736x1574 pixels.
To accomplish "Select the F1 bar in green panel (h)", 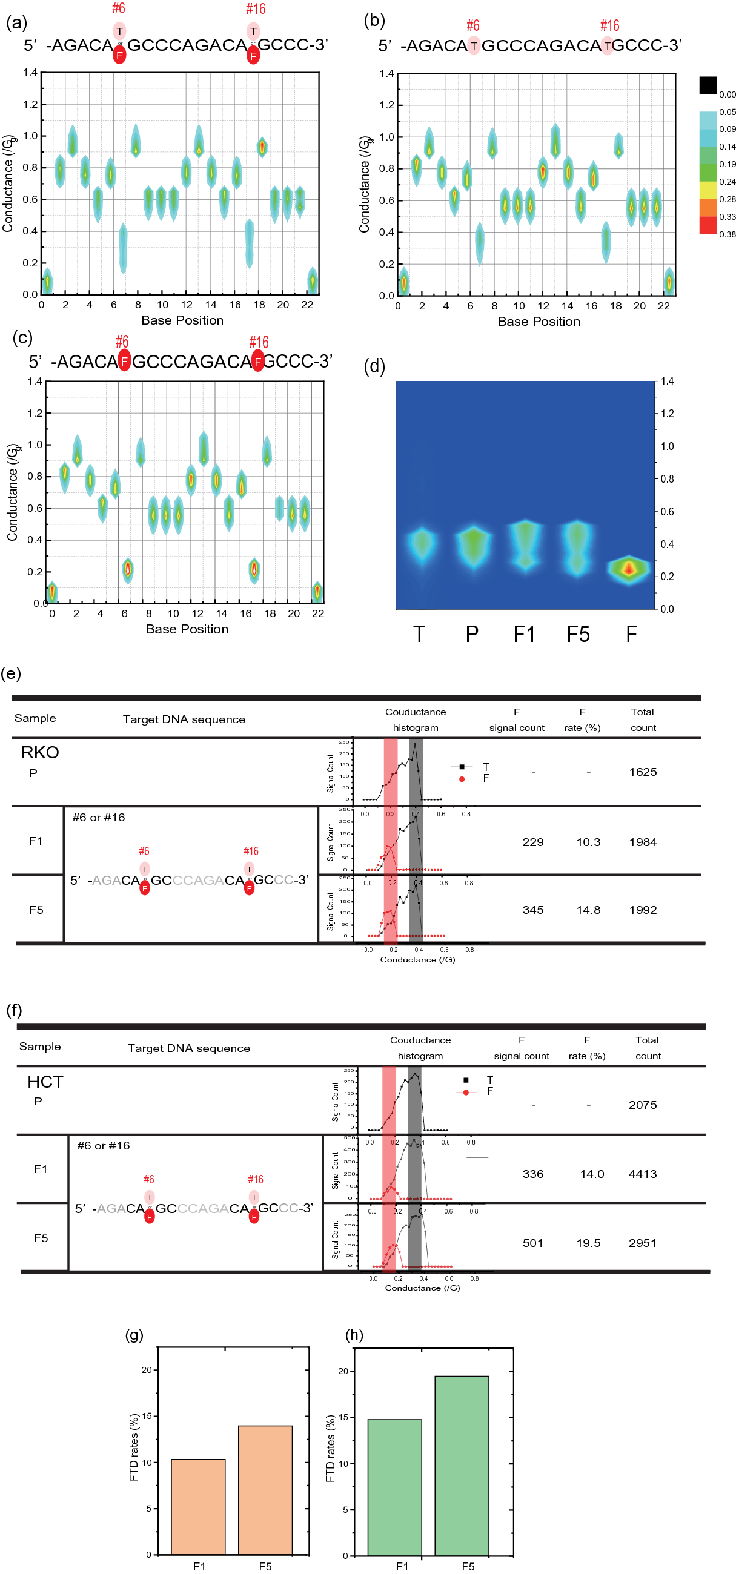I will click(x=394, y=1487).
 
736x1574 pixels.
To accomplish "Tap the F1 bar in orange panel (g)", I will click(x=198, y=1506).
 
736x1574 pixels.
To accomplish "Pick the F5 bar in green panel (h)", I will click(x=462, y=1465).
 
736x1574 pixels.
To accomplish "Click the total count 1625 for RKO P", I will click(x=643, y=772).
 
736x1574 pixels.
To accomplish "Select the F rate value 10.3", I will click(x=588, y=842).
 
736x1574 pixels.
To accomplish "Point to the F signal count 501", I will click(x=532, y=1243).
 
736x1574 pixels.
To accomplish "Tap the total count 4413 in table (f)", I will click(x=643, y=1174).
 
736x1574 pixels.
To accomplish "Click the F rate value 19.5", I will click(x=588, y=1243).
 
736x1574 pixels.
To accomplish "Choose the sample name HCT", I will click(x=45, y=1082).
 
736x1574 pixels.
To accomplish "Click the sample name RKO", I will click(x=41, y=752).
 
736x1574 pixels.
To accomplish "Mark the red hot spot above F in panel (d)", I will click(x=629, y=569).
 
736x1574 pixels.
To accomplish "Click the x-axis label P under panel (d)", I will click(x=472, y=634).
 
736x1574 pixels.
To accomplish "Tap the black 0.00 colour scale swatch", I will click(x=708, y=85).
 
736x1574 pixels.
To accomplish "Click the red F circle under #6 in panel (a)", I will click(x=119, y=56).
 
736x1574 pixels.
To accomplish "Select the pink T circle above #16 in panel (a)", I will click(x=253, y=31).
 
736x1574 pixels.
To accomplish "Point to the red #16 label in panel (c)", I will click(x=259, y=342).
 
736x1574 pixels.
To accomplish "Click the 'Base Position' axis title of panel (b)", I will click(x=539, y=322).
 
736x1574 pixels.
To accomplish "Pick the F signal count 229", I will click(x=532, y=842).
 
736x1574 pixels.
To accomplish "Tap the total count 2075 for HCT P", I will click(x=643, y=1105).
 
